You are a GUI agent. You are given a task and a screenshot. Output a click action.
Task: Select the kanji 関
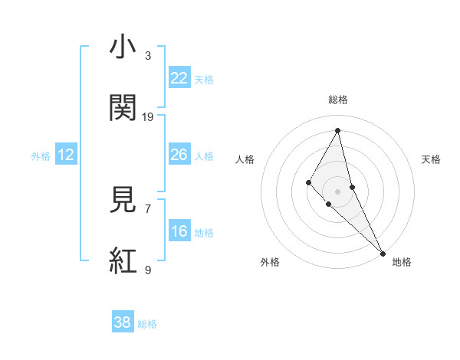pos(123,108)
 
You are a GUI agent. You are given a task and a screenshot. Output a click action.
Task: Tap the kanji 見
pos(123,200)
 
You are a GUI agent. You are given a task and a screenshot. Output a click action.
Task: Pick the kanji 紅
pos(123,261)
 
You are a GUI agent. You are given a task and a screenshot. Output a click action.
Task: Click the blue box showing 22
pos(179,78)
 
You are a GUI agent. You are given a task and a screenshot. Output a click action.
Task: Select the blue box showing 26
pos(179,155)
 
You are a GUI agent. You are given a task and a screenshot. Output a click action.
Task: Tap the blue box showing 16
pos(179,231)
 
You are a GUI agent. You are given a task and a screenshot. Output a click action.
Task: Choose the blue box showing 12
pos(66,155)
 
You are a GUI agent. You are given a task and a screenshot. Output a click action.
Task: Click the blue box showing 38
pos(123,322)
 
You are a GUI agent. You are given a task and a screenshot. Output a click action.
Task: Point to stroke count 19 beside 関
pos(148,116)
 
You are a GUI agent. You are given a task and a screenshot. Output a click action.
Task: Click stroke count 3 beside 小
pos(148,55)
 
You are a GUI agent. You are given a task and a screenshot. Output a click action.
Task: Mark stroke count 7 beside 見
pos(148,208)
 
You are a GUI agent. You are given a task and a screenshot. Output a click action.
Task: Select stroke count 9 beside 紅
pos(148,270)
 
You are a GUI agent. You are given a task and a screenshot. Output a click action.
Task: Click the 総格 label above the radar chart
pos(338,100)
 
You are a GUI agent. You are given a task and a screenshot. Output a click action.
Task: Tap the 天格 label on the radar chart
pos(431,159)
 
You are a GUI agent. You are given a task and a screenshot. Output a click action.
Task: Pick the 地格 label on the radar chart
pos(402,262)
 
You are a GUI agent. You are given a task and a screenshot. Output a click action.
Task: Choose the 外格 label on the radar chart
pos(270,262)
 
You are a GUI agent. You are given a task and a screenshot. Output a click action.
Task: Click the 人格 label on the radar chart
pos(245,159)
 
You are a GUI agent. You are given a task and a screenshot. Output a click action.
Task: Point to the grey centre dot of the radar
pos(337,191)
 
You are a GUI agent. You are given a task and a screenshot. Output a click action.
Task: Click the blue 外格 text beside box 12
pos(40,155)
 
